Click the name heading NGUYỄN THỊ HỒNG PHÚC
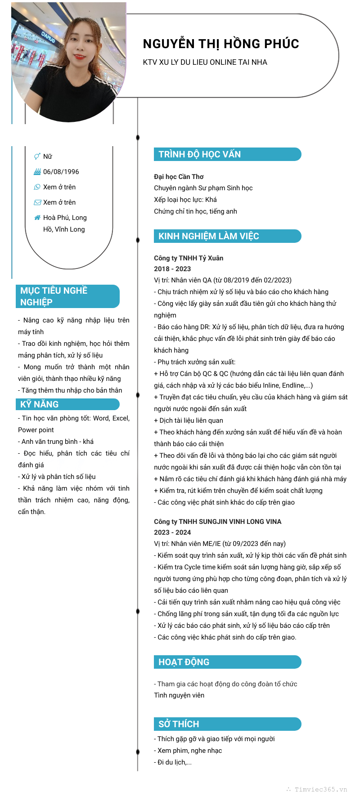pyautogui.click(x=221, y=44)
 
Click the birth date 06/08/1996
pyautogui.click(x=61, y=172)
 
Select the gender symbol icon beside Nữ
pyautogui.click(x=37, y=157)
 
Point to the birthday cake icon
pyautogui.click(x=37, y=172)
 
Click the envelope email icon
pyautogui.click(x=37, y=202)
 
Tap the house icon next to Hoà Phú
pyautogui.click(x=37, y=218)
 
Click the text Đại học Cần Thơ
pyautogui.click(x=179, y=177)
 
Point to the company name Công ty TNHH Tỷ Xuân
pyautogui.click(x=189, y=258)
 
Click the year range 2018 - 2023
pyautogui.click(x=172, y=269)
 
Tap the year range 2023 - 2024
pyautogui.click(x=172, y=532)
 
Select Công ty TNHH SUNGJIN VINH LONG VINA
pyautogui.click(x=217, y=522)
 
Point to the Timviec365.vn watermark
pyautogui.click(x=320, y=789)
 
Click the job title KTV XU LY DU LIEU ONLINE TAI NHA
pyautogui.click(x=205, y=63)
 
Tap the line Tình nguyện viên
pyautogui.click(x=179, y=695)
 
